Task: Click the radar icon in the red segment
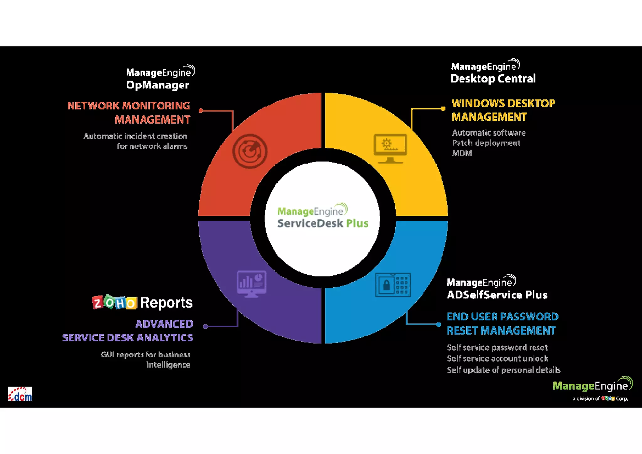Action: (x=250, y=151)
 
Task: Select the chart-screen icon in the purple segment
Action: (x=252, y=284)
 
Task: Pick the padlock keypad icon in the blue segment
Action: (x=393, y=285)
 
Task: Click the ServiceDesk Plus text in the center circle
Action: (x=323, y=223)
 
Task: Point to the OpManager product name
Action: (x=158, y=85)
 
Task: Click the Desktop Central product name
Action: (x=493, y=78)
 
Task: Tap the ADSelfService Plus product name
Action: (x=497, y=295)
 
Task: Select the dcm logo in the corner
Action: (x=20, y=394)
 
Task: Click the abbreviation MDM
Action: (x=462, y=153)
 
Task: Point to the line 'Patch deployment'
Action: (x=486, y=143)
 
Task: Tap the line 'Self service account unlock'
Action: (x=497, y=358)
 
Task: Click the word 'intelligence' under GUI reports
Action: (x=168, y=365)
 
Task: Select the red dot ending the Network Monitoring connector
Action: (x=201, y=110)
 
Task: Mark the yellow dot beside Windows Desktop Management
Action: (x=443, y=109)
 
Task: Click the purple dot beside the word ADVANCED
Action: (x=205, y=327)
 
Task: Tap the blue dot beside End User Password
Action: (x=439, y=324)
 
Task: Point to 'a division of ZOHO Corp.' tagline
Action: (x=600, y=398)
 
